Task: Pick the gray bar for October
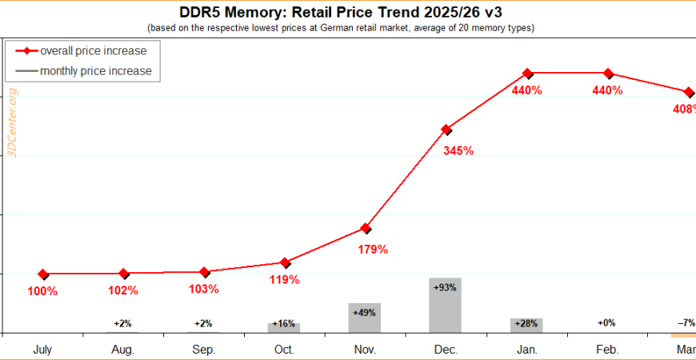pos(284,327)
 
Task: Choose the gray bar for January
pos(526,326)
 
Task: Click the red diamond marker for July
pos(43,274)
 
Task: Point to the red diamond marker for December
pos(446,129)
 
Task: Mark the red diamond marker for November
pos(366,229)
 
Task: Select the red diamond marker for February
pos(608,74)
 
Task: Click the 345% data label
pos(458,150)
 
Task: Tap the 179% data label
pos(371,250)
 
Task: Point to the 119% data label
pos(284,280)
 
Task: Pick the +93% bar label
pos(445,286)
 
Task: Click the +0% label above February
pos(607,323)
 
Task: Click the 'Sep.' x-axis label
pos(203,350)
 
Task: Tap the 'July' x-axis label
pos(43,350)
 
